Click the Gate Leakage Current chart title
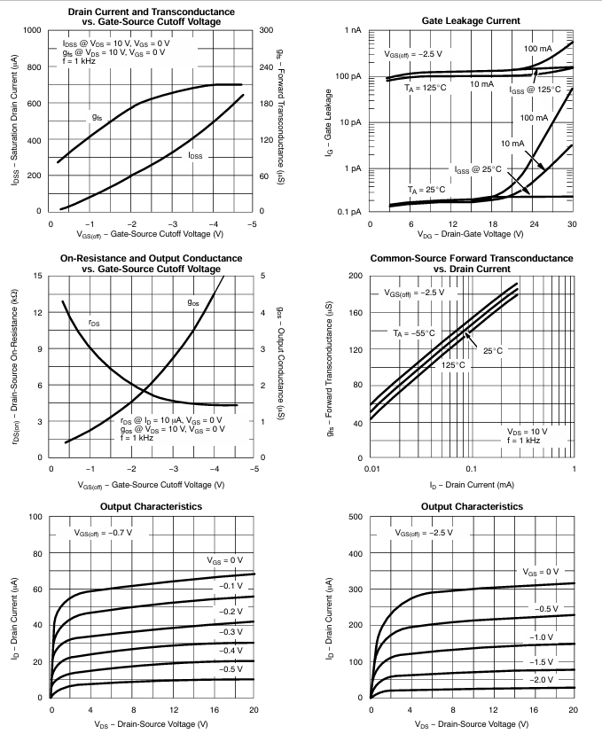[472, 20]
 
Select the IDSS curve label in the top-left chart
[194, 155]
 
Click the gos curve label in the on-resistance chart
[192, 302]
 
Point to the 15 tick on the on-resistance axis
[36, 276]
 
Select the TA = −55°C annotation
[415, 333]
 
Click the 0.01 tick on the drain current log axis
[371, 468]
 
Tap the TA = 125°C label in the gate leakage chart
[426, 89]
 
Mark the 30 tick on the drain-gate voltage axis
[573, 223]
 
